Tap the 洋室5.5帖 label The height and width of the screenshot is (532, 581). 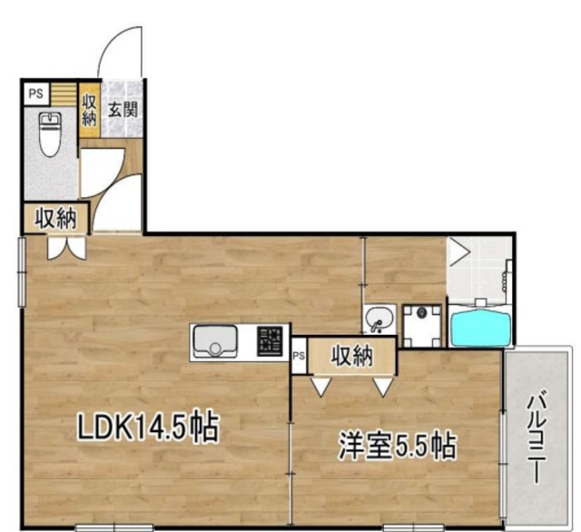click(x=396, y=446)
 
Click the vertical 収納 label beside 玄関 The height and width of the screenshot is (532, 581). click(x=89, y=110)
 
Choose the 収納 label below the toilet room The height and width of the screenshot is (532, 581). click(x=54, y=217)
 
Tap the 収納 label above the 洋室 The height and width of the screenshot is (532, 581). click(x=351, y=357)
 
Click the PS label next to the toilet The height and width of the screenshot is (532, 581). click(x=35, y=93)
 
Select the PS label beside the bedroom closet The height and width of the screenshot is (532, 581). click(x=299, y=357)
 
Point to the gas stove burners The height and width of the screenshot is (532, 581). click(x=271, y=341)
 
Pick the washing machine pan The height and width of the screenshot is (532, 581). click(x=421, y=325)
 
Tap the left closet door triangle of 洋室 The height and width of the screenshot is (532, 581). click(x=320, y=387)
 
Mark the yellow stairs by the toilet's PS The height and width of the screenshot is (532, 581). click(x=63, y=93)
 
